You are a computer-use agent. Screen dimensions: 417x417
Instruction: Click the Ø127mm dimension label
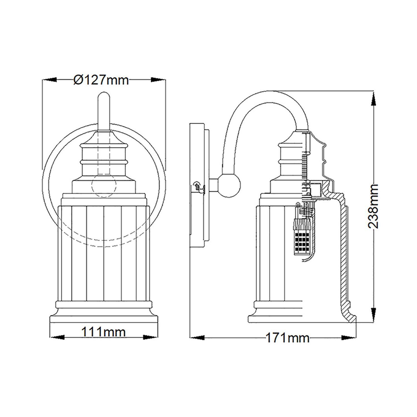(x=101, y=80)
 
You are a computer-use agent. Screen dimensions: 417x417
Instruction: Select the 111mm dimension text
(x=103, y=332)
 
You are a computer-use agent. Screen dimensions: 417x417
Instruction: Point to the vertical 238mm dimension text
(x=373, y=206)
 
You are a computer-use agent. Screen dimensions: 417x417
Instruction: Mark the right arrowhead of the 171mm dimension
(x=349, y=338)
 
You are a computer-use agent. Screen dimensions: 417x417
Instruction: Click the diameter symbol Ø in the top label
(x=78, y=80)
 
